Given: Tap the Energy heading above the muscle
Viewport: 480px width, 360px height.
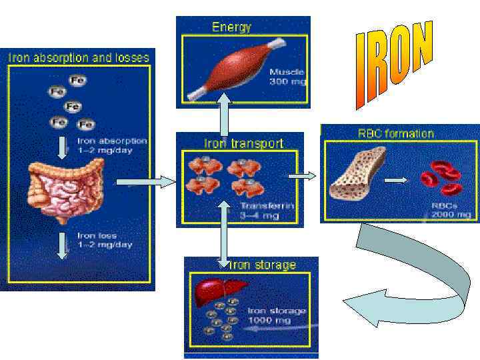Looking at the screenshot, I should point(231,27).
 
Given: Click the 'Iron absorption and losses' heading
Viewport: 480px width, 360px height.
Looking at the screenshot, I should point(78,57).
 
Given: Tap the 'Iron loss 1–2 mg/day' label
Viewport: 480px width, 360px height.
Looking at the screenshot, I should point(105,240).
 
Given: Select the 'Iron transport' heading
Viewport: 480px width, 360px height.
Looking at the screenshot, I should point(243,143).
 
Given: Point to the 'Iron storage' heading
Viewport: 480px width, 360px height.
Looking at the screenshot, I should point(263,265).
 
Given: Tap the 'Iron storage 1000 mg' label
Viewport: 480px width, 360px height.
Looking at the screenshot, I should point(276,315).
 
